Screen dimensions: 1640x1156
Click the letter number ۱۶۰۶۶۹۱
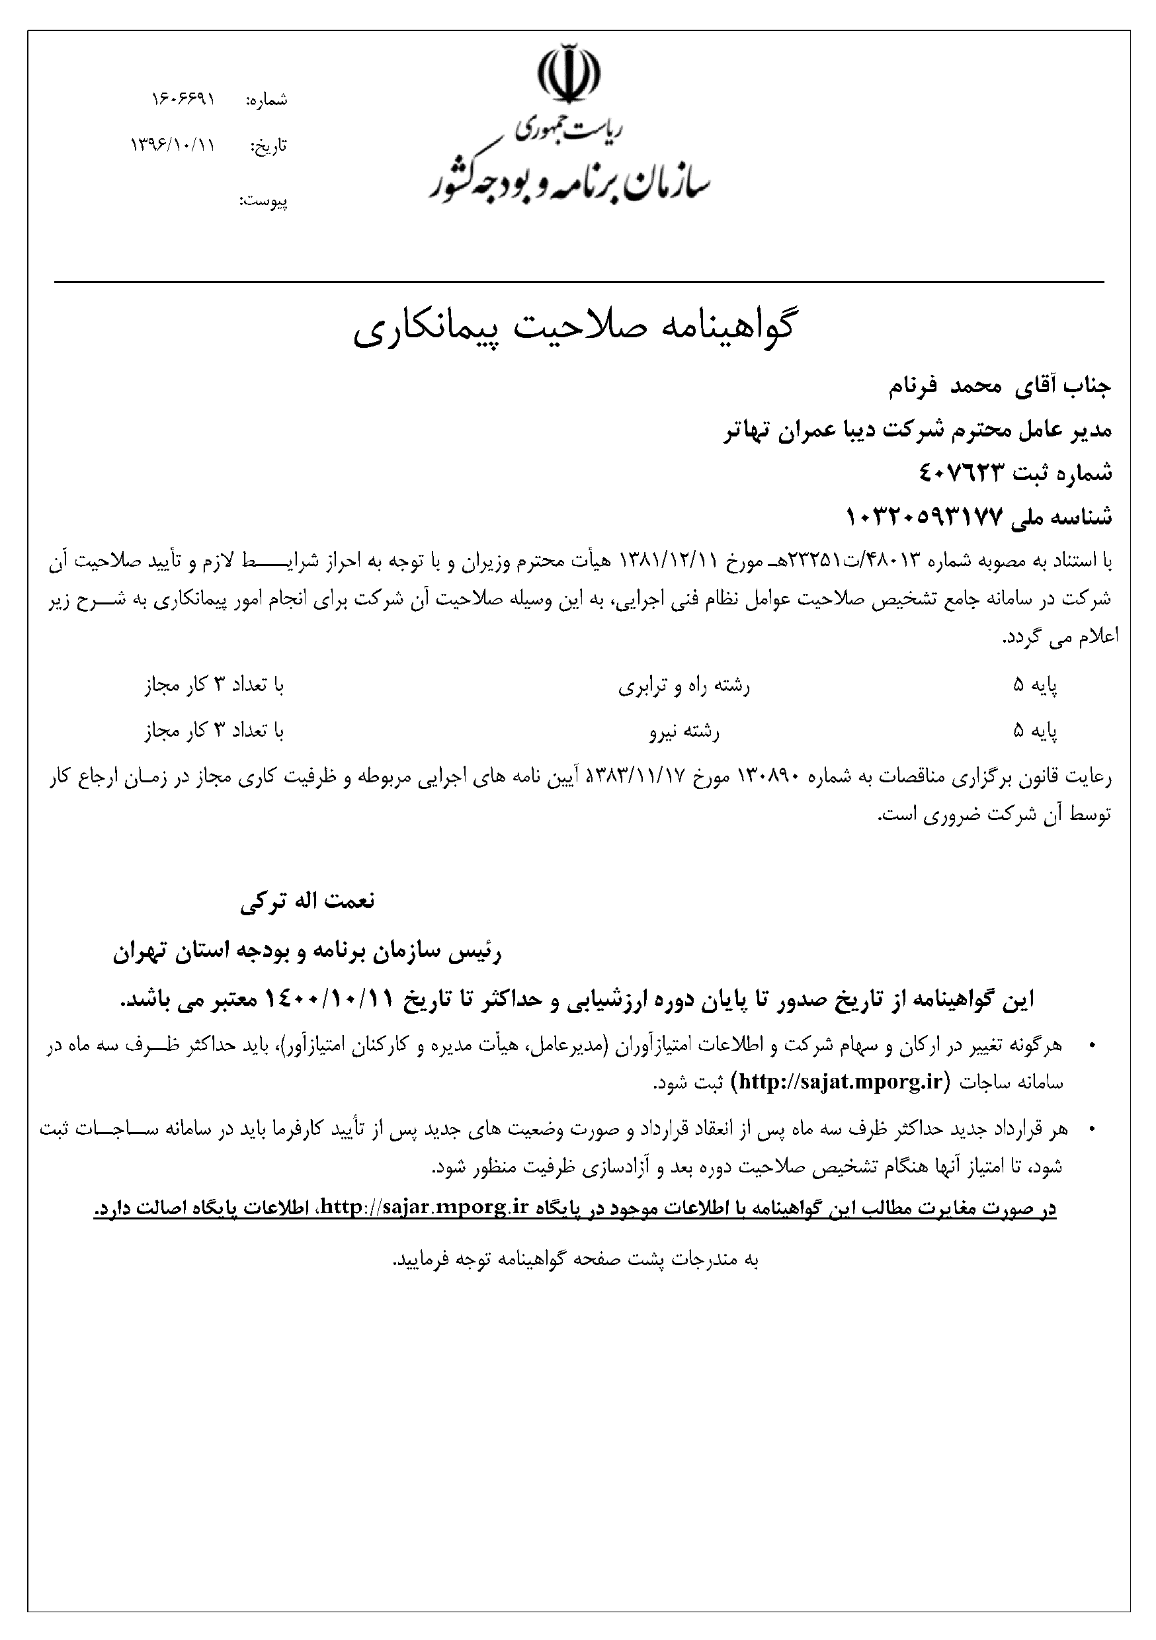point(183,99)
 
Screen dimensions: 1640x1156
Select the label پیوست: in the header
point(264,201)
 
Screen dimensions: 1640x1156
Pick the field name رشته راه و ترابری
point(684,686)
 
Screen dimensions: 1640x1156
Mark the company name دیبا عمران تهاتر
point(802,430)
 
